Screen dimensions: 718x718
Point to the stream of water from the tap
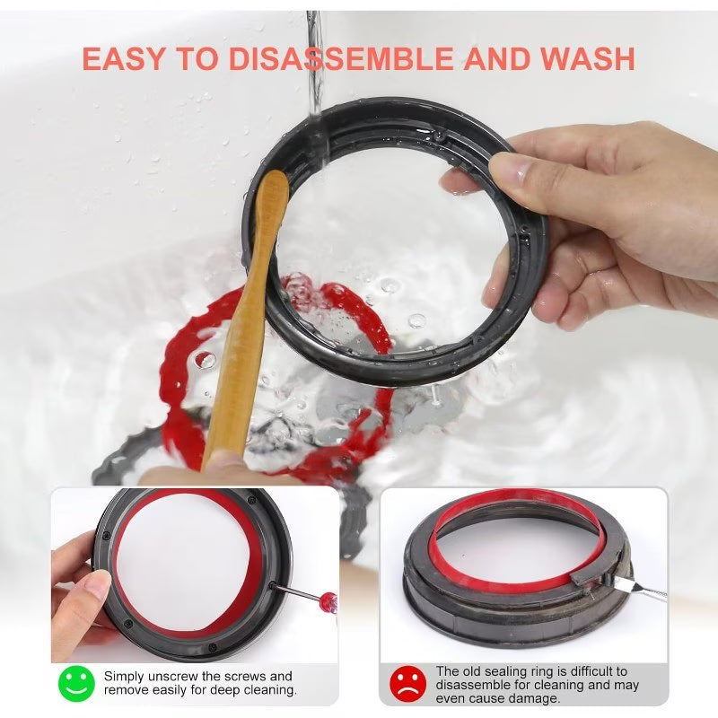click(x=313, y=54)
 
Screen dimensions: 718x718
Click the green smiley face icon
click(x=76, y=683)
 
